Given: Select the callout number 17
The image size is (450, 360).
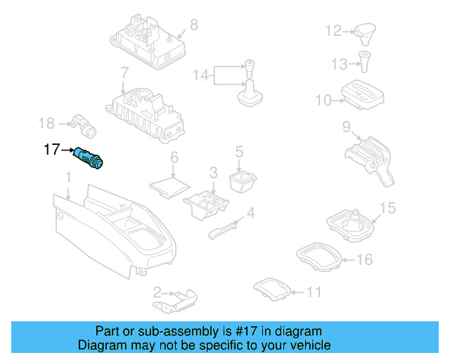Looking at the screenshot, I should (52, 149).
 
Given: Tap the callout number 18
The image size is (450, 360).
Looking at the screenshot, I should (46, 124).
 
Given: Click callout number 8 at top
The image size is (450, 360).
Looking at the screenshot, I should (193, 25).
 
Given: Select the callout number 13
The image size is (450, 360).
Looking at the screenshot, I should (340, 64).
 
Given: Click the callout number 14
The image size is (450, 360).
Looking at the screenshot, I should (202, 75).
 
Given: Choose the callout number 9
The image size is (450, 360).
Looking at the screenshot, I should (346, 127).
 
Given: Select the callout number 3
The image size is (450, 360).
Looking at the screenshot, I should (213, 172).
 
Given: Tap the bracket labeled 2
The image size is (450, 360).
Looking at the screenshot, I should (174, 300).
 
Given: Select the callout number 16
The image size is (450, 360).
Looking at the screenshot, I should (364, 259).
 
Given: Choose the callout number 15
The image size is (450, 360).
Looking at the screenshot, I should (387, 207).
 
